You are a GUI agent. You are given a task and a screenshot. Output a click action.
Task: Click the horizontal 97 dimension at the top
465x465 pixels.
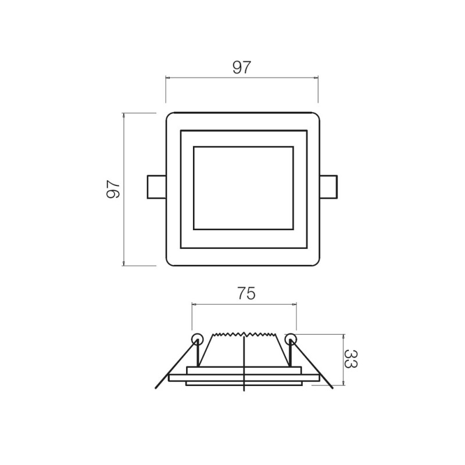point(242,67)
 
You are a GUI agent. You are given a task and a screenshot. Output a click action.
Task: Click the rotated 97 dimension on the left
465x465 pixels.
point(113,189)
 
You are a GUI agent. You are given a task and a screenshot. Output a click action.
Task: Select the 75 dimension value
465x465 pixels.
point(246,294)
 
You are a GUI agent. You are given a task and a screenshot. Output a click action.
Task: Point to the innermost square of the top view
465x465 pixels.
point(243,188)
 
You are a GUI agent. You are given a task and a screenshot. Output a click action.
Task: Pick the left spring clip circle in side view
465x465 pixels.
point(196,338)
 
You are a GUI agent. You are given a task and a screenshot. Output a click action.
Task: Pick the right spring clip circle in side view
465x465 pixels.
point(291,338)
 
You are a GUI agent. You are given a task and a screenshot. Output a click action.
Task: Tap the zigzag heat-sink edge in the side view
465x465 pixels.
point(244,335)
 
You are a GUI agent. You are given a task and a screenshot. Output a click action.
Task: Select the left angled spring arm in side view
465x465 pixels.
point(174,366)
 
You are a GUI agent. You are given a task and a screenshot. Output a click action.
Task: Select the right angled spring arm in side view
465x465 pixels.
point(314,366)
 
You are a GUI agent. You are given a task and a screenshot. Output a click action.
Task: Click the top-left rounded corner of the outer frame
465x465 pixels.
point(169,115)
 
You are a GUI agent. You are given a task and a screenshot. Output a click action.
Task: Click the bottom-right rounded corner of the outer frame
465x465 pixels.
point(316,263)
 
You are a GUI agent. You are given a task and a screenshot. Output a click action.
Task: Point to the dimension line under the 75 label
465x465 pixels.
point(244,303)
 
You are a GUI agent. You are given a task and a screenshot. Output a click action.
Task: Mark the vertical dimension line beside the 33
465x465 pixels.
point(344,359)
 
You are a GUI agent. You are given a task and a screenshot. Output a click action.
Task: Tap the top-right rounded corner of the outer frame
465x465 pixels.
point(316,115)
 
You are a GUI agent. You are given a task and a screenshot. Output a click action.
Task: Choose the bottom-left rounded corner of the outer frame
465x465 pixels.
point(169,263)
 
